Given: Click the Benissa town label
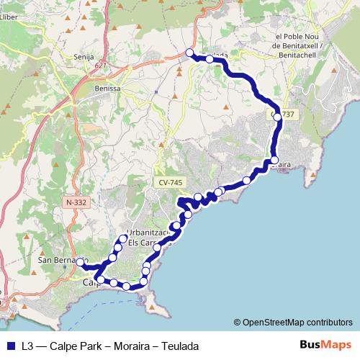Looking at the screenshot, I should click(x=107, y=89).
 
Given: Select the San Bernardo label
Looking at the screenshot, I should click(x=62, y=259).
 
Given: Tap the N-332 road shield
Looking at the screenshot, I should click(x=76, y=203).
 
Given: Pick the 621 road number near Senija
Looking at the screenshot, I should click(x=99, y=65).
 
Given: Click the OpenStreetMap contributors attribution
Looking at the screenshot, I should click(x=293, y=322).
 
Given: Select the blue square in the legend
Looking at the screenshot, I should click(x=10, y=346).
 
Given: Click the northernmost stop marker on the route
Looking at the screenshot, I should click(x=190, y=53).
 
